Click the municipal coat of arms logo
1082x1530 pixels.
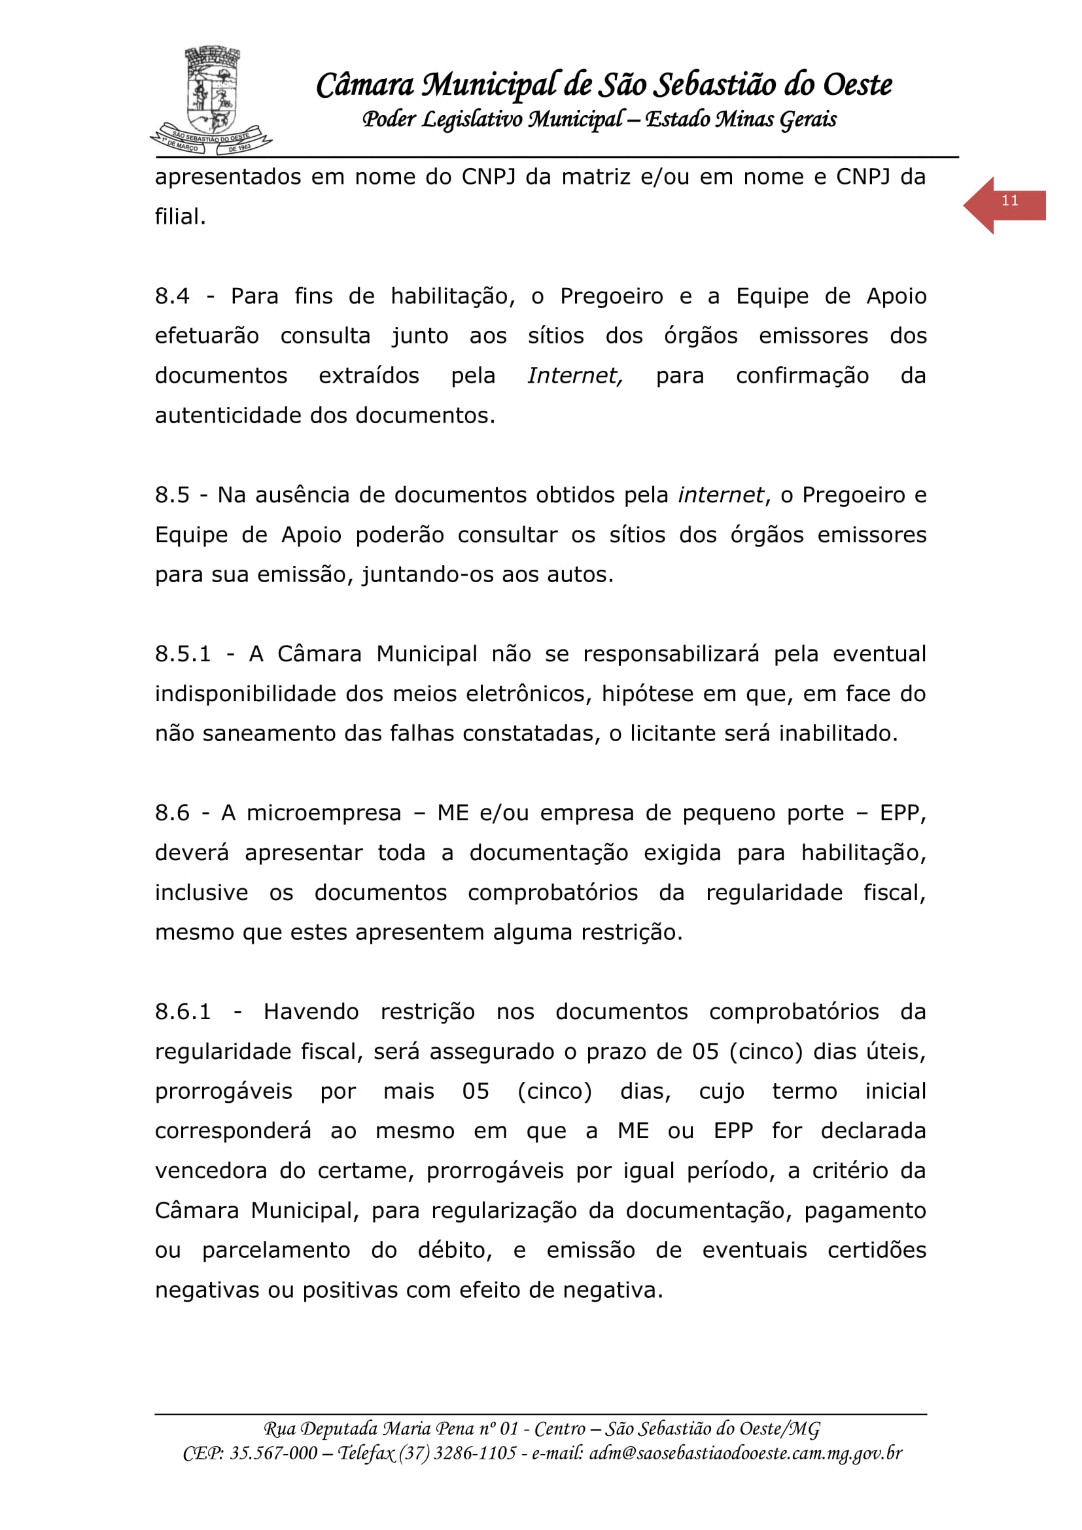211,100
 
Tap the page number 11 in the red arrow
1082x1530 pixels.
1009,201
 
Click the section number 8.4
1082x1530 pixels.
172,296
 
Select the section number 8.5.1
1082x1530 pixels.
183,653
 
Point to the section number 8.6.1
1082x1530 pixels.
183,1011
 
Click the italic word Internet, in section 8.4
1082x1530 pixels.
575,376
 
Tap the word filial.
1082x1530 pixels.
180,217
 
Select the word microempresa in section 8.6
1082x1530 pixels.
324,813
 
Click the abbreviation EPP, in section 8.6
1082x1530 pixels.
903,813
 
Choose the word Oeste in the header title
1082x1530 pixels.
858,85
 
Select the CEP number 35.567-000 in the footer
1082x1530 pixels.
273,1453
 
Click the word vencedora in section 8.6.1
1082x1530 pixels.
211,1171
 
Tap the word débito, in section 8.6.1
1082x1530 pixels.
455,1250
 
